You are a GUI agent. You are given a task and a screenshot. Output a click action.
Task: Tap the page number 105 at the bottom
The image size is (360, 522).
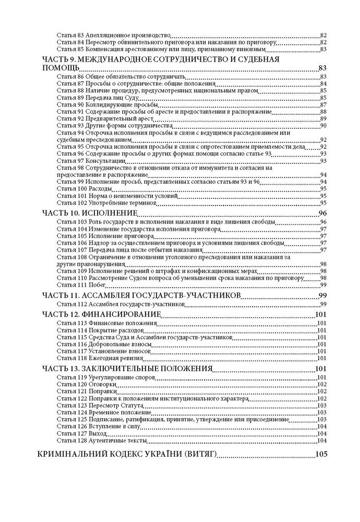[x=321, y=454]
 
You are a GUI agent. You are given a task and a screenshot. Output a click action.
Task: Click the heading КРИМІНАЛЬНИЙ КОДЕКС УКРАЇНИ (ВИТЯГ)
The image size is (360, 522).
[x=127, y=454]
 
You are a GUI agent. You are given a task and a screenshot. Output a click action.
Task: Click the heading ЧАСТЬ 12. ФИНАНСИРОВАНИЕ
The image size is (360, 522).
[x=100, y=314]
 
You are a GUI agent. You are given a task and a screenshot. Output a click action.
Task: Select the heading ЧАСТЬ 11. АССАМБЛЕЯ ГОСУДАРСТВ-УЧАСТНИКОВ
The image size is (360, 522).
[x=140, y=295]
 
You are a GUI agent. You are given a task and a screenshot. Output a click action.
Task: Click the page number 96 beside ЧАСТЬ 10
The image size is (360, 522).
[x=322, y=213]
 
